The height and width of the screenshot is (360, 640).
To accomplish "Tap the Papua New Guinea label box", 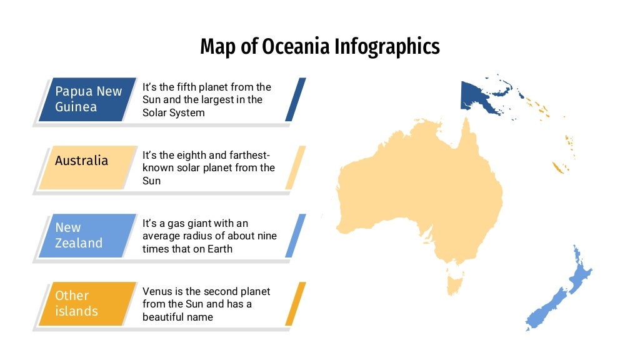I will (87, 99).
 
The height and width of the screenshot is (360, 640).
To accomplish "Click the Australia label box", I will (87, 167).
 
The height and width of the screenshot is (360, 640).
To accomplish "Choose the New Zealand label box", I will (87, 236).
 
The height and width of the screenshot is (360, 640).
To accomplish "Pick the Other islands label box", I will (87, 304).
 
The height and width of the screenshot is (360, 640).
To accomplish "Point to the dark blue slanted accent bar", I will (296, 99).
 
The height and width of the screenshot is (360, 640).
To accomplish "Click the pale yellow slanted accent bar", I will (296, 167).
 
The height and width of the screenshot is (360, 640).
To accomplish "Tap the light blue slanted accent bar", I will (296, 236).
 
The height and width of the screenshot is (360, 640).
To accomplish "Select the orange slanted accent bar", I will (296, 304).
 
